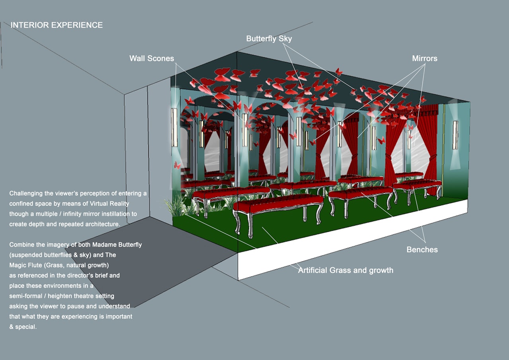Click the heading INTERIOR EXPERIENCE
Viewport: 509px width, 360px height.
pyautogui.click(x=56, y=25)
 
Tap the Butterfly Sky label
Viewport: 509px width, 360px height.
pyautogui.click(x=269, y=39)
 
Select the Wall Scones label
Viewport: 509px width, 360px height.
pyautogui.click(x=152, y=58)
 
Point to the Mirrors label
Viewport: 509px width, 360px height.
pyautogui.click(x=424, y=58)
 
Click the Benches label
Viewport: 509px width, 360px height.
pyautogui.click(x=422, y=249)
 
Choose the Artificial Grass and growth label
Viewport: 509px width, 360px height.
pyautogui.click(x=346, y=270)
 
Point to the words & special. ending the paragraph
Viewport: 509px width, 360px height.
pyautogui.click(x=23, y=327)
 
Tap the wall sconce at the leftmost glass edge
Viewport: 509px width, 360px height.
pyautogui.click(x=174, y=127)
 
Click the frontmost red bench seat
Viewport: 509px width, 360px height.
pyautogui.click(x=278, y=203)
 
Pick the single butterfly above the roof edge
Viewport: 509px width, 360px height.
pyautogui.click(x=338, y=72)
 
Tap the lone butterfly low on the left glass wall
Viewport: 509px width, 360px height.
pyautogui.click(x=177, y=165)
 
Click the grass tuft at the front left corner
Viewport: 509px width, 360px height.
pyautogui.click(x=176, y=206)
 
